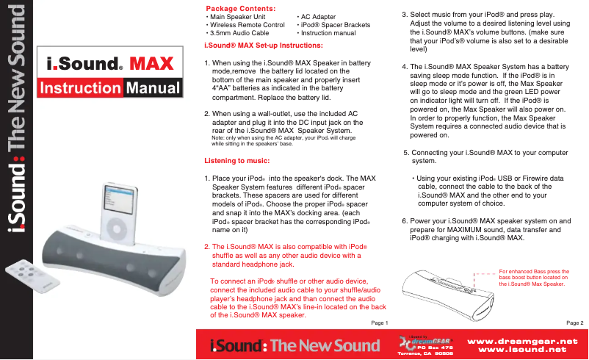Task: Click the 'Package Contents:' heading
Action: pos(239,8)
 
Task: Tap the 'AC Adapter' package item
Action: pos(320,16)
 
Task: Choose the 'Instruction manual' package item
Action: pos(328,33)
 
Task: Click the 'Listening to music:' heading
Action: pos(236,160)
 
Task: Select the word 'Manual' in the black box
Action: pos(152,90)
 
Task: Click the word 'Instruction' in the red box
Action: pos(81,90)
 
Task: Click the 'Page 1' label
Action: pos(376,323)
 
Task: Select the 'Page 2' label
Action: pos(574,323)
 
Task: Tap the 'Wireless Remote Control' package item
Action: pos(246,25)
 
